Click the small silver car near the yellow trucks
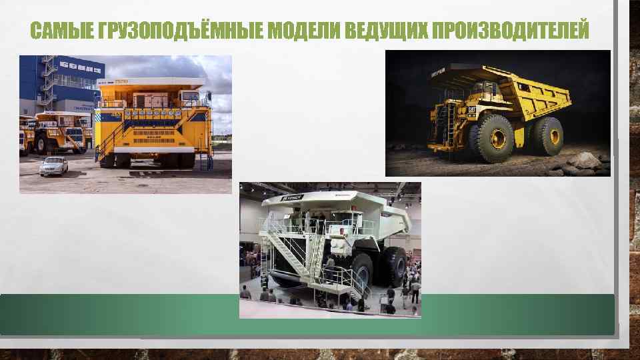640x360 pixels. (x=53, y=165)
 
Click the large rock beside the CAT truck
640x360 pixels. (x=583, y=160)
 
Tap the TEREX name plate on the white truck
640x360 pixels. (x=292, y=198)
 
